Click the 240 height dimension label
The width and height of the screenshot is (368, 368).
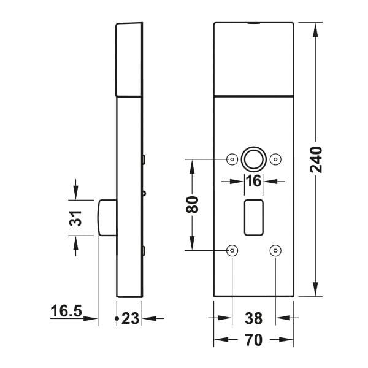coord(316,159)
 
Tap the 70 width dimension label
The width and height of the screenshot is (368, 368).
coord(253,340)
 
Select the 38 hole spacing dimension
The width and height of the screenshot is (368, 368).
coord(253,318)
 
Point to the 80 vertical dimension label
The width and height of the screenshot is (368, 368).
coord(192,204)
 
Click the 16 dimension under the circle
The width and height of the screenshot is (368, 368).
coord(253,181)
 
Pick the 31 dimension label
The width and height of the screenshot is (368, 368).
coord(75,218)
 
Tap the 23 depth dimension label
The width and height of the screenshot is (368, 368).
coord(131,319)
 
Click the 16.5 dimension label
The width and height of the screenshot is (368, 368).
coord(66,311)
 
